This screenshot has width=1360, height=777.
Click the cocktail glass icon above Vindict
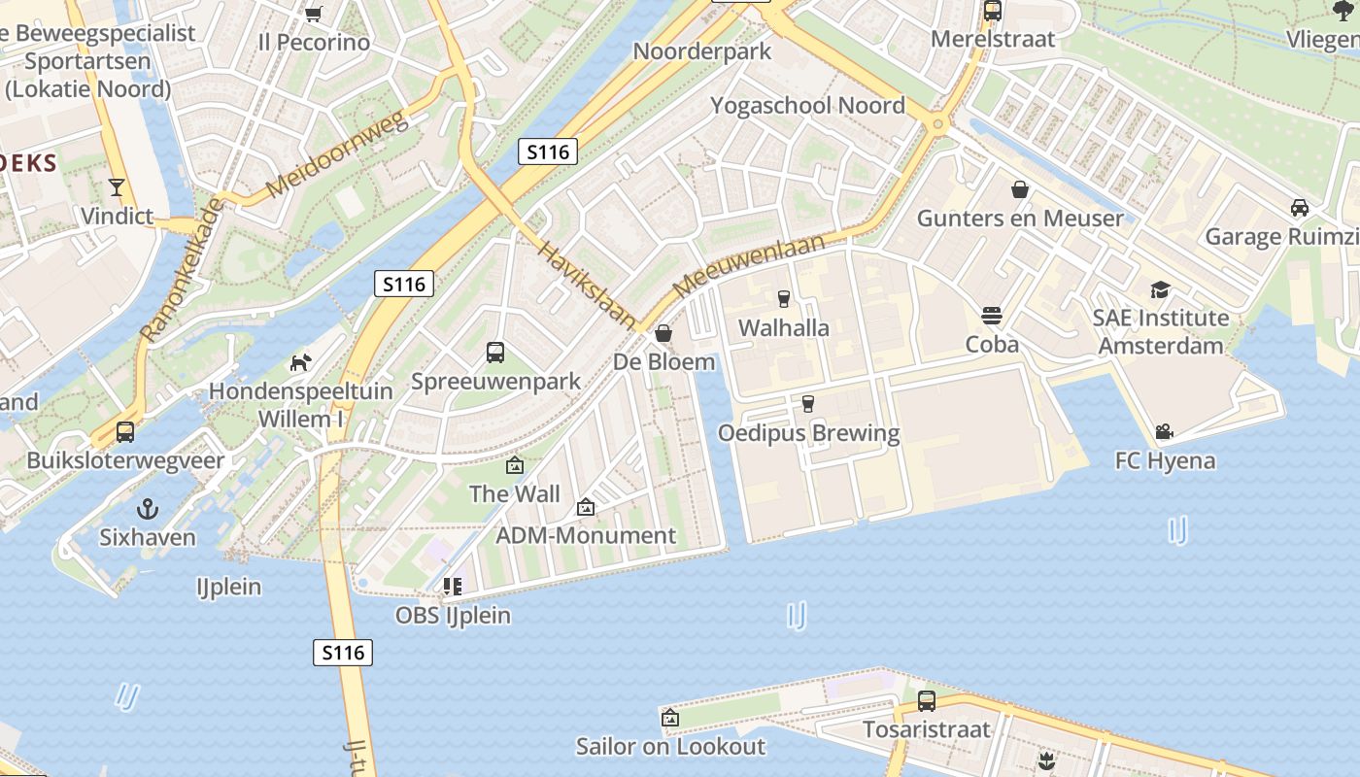[118, 186]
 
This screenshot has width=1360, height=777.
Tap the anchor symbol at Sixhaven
[147, 508]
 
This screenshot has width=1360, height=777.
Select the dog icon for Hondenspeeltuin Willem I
[301, 362]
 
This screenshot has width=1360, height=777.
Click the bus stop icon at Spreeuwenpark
[495, 353]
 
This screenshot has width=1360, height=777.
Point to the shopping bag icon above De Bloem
[663, 334]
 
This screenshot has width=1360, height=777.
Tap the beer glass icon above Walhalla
[784, 299]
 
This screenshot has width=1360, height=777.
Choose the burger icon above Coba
[992, 316]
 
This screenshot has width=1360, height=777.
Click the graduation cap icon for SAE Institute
[1160, 289]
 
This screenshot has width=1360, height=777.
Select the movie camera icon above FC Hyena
[1164, 431]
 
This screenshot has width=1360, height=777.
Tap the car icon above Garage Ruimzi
[1300, 207]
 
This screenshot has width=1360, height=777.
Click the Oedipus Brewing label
[808, 433]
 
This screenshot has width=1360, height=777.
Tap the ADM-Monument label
[586, 535]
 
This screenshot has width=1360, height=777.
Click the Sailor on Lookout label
[670, 747]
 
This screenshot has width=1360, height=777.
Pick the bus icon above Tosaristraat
[927, 700]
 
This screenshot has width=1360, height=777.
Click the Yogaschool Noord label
[807, 105]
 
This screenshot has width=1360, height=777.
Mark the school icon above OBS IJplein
[453, 586]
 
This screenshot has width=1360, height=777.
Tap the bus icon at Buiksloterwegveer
[125, 432]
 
